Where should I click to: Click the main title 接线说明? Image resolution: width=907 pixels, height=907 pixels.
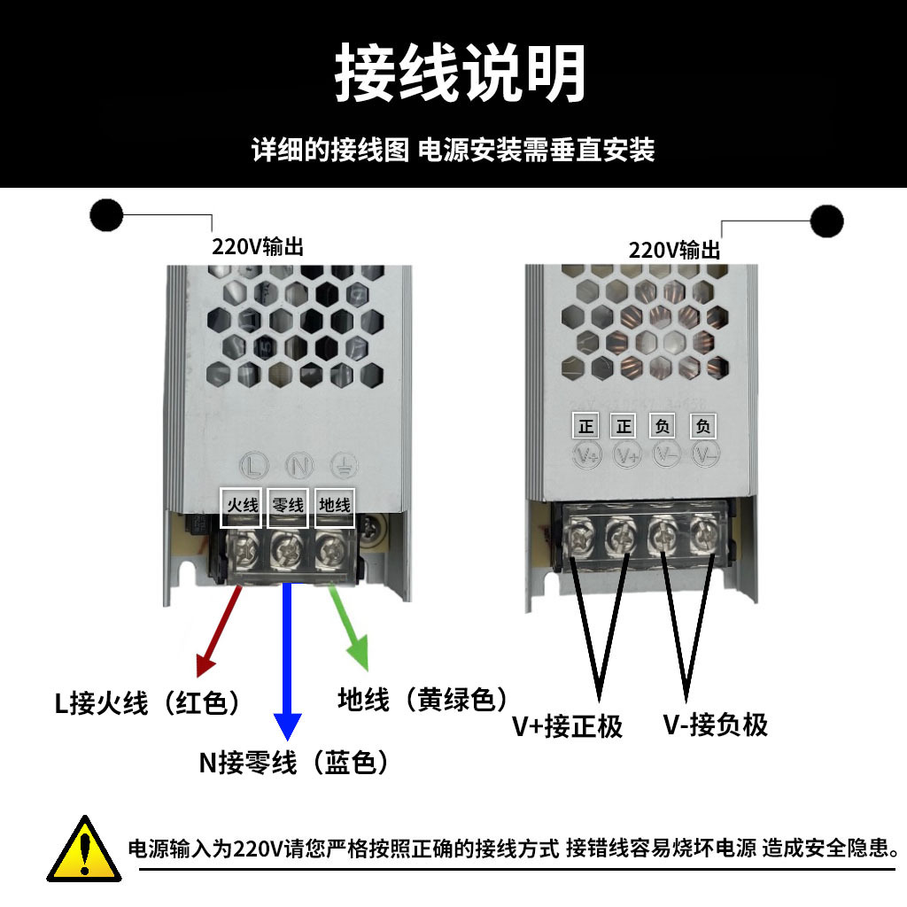point(460,74)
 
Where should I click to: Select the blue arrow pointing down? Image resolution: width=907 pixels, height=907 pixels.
point(285,664)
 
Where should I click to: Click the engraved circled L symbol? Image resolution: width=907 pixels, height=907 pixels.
point(255,464)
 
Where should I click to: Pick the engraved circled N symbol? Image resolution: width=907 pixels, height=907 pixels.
point(299,464)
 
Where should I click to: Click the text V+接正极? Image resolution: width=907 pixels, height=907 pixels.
point(568,727)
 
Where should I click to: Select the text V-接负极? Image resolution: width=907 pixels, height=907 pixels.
point(715,725)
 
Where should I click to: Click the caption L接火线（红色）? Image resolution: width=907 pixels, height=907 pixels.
point(148,704)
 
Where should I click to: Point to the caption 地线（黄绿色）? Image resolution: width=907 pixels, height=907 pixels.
point(423,700)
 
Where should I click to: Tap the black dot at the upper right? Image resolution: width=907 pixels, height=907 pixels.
point(826,221)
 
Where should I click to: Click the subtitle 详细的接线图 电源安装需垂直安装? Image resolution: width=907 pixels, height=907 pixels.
point(453,150)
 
